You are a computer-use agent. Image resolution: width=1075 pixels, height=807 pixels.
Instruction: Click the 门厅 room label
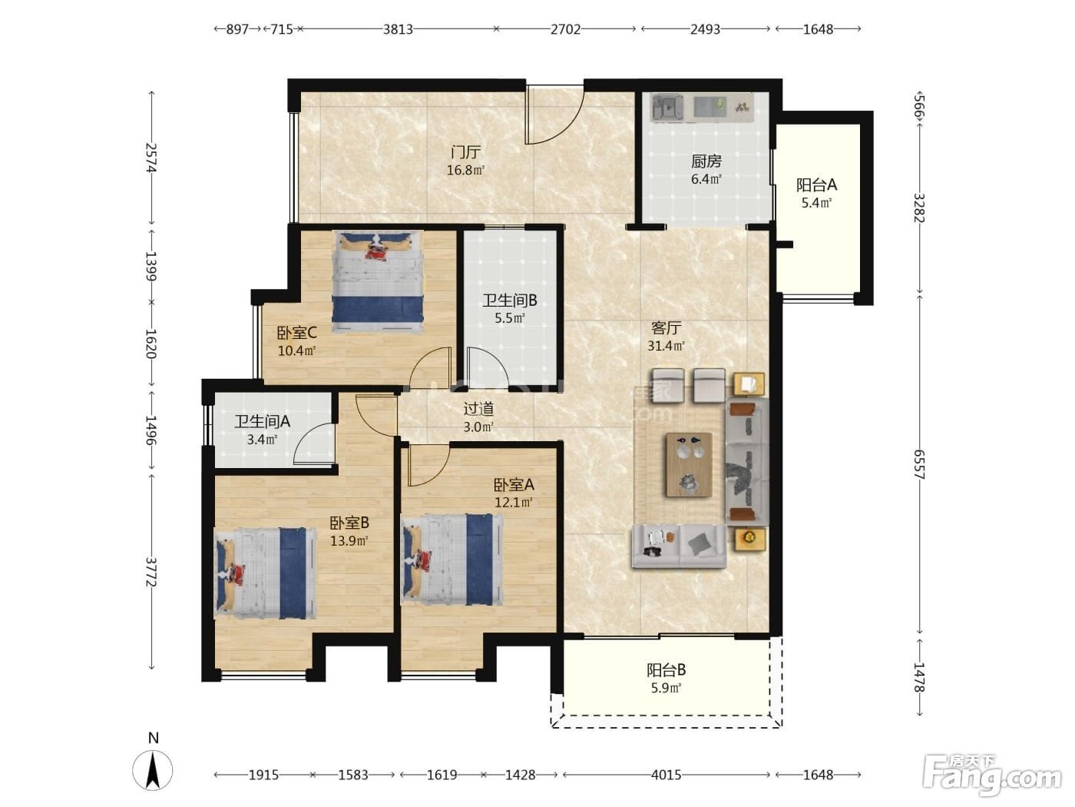(x=465, y=152)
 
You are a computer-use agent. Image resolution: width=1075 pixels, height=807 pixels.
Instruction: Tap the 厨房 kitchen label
(x=706, y=161)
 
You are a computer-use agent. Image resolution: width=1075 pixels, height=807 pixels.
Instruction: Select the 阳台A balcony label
(x=816, y=185)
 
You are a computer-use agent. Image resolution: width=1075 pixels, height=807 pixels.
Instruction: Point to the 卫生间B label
(x=509, y=301)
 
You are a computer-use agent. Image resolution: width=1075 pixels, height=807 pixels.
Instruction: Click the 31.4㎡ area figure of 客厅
(x=666, y=346)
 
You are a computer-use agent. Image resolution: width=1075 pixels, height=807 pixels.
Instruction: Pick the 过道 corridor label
(x=478, y=409)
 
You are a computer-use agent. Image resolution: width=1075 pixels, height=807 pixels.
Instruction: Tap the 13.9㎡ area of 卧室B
(x=349, y=541)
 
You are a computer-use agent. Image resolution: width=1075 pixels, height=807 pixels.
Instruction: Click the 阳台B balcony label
(x=666, y=669)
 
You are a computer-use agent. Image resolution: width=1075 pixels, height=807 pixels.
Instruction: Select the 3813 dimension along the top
(x=398, y=29)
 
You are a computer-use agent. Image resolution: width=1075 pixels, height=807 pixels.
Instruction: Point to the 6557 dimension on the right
(x=919, y=464)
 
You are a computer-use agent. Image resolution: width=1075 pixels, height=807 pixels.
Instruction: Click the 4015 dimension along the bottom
(x=666, y=775)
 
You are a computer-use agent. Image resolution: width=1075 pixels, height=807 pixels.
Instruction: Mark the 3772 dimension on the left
(x=151, y=573)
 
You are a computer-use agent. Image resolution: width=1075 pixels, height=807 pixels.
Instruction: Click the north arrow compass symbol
(x=153, y=770)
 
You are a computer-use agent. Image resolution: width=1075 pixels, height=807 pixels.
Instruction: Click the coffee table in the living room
(x=688, y=464)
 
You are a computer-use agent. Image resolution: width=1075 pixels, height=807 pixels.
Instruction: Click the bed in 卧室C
(x=377, y=283)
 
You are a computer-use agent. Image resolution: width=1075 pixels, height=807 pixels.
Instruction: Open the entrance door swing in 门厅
(x=554, y=115)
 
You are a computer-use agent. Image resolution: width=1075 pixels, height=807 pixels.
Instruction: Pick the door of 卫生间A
(x=314, y=443)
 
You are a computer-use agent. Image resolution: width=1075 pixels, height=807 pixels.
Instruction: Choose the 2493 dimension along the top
(x=705, y=29)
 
